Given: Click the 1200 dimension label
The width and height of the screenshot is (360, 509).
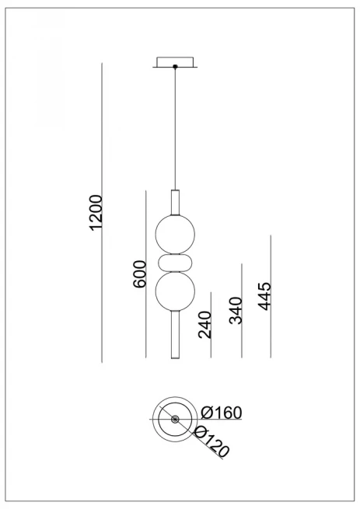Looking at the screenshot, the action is pos(96,213).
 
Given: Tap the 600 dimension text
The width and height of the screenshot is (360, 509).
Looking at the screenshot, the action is pos(140,274).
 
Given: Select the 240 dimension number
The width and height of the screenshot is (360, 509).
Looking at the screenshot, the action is pos(205,325).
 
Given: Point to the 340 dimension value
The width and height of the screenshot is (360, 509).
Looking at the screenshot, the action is pos(236,310).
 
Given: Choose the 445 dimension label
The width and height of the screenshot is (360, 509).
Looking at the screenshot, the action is pos(264,296).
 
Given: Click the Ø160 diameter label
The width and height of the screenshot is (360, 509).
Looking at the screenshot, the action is pos(222,413).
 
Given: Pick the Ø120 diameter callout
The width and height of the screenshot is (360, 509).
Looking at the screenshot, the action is pos(211,442).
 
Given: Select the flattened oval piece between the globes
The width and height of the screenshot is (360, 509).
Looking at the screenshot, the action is pos(175,263).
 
